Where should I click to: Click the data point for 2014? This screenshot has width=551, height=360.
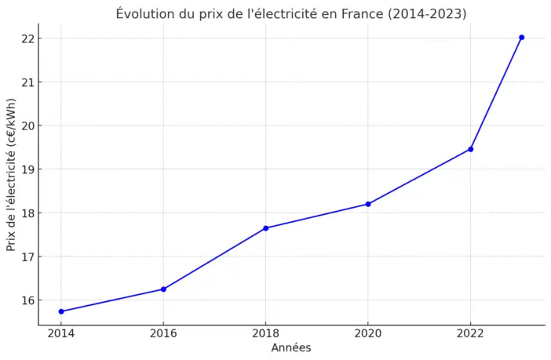(x=61, y=311)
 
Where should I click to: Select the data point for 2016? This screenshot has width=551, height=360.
(x=163, y=289)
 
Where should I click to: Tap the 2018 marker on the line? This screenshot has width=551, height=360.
(x=266, y=228)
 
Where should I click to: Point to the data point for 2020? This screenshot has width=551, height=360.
(x=368, y=204)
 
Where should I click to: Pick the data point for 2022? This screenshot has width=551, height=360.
(x=470, y=149)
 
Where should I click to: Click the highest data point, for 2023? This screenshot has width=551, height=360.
(x=521, y=38)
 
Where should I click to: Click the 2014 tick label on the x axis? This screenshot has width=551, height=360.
(x=61, y=333)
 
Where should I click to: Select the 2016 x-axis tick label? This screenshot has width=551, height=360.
(x=163, y=333)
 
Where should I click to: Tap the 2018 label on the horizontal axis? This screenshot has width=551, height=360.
(x=266, y=333)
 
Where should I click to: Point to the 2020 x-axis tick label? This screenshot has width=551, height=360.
(x=368, y=333)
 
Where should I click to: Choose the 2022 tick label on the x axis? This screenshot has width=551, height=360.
(x=470, y=333)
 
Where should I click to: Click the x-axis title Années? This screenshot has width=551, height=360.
(x=291, y=347)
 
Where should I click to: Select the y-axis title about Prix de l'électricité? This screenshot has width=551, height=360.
(x=11, y=174)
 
